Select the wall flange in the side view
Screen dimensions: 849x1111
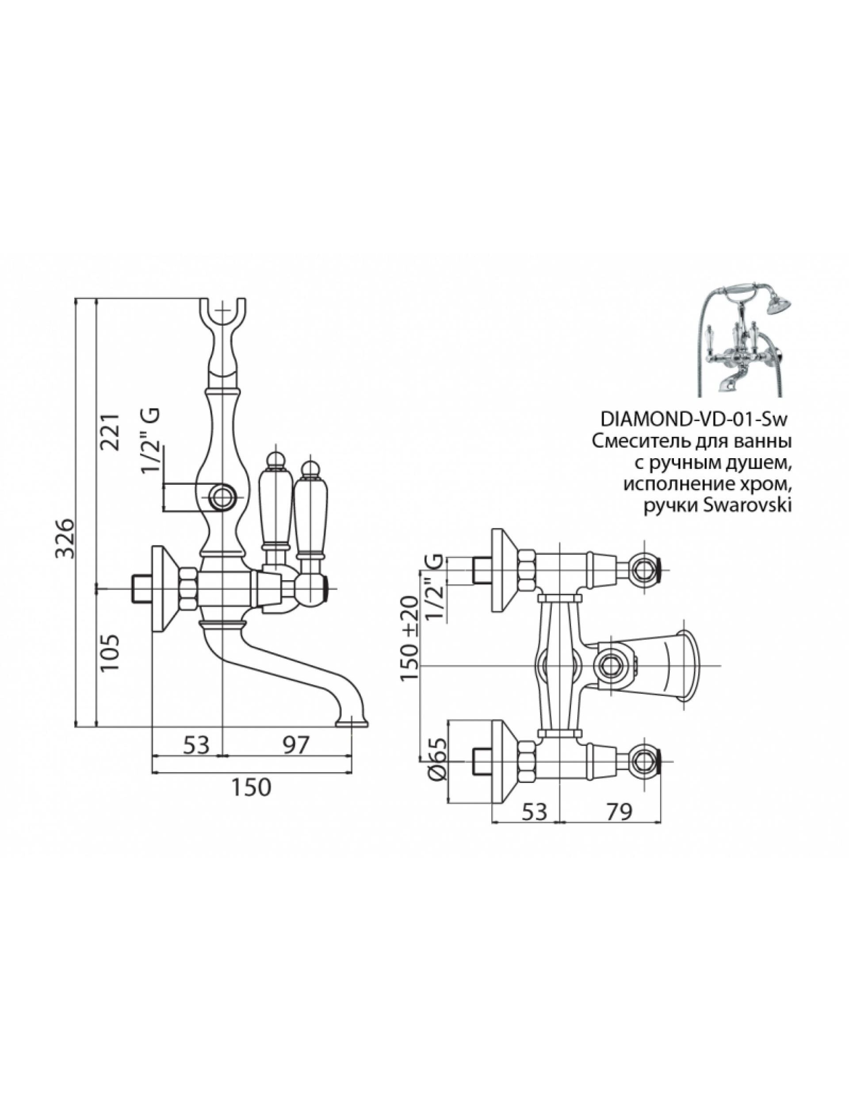pyautogui.click(x=163, y=589)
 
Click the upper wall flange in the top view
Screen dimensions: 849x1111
pyautogui.click(x=503, y=571)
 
